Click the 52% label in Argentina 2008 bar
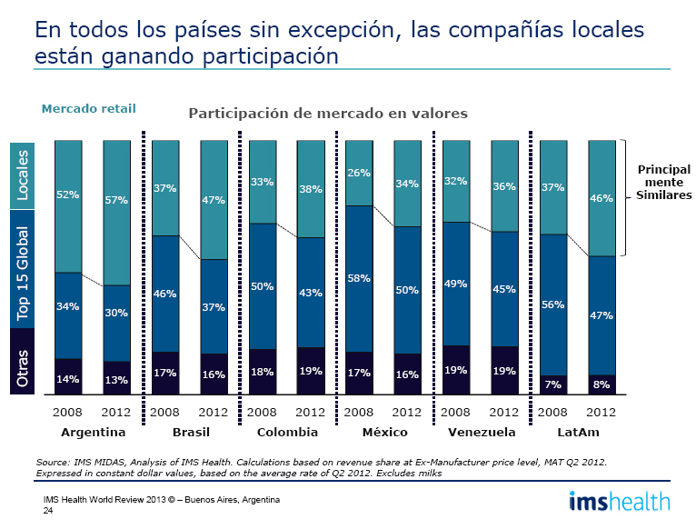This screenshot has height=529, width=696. point(67,194)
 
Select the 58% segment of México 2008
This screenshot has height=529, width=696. point(359,278)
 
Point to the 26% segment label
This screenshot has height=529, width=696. point(359,173)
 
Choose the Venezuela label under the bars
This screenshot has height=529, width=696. point(482,431)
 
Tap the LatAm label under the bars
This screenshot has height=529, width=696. point(577,431)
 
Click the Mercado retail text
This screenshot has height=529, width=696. point(88,108)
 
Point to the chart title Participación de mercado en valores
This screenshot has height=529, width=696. point(327,114)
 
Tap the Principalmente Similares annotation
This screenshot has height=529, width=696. point(663,183)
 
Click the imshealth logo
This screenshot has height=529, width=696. point(620,501)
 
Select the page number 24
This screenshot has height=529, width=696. point(48,511)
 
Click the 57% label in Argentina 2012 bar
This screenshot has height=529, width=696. point(116,200)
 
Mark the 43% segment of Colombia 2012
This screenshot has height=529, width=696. point(311,293)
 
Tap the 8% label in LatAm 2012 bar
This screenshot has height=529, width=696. point(602,384)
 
